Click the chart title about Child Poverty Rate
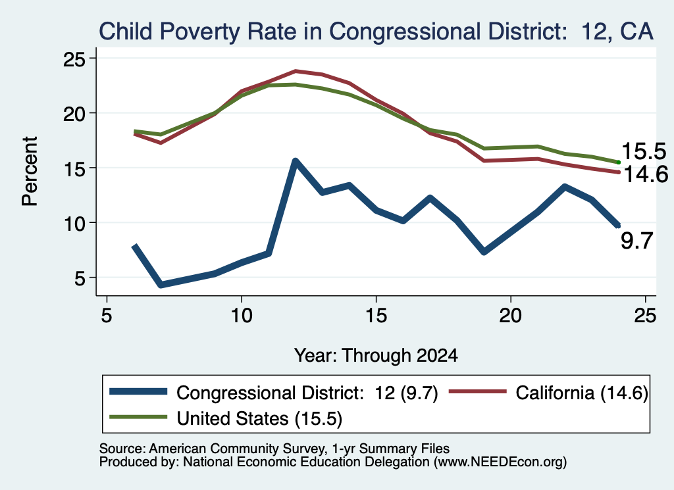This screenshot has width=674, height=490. click(376, 32)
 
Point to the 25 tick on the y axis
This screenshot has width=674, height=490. click(75, 59)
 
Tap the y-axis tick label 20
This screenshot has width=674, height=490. click(75, 114)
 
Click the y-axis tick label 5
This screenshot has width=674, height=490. click(81, 278)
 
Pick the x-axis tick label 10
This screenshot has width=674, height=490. click(242, 316)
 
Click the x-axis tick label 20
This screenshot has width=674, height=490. click(511, 316)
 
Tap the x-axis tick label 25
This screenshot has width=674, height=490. click(645, 316)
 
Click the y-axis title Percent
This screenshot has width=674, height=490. click(30, 171)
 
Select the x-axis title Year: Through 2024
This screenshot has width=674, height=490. click(376, 356)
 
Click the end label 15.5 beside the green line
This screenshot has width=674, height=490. click(644, 151)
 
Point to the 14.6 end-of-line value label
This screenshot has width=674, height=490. click(645, 174)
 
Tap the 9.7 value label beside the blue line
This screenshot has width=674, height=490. click(637, 241)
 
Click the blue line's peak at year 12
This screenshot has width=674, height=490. click(296, 161)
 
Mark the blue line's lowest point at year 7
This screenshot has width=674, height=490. click(161, 284)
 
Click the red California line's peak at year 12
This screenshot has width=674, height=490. click(296, 71)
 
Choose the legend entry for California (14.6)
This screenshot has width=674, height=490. click(548, 393)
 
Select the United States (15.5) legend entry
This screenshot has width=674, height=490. click(226, 418)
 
